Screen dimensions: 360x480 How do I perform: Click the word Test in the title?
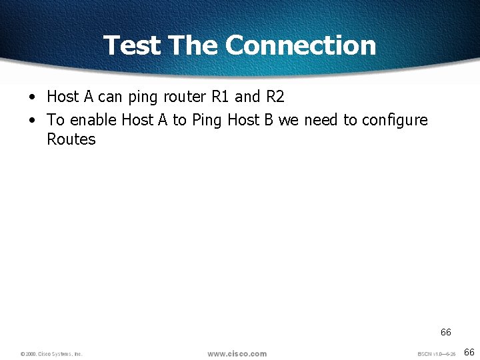pos(131,45)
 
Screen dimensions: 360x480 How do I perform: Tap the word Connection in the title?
pos(301,45)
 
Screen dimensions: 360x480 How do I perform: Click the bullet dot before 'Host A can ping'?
pos(32,97)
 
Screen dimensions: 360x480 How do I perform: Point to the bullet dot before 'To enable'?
pos(32,120)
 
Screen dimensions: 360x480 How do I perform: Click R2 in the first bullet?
pos(275,97)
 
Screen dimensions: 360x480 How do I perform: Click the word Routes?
pos(71,139)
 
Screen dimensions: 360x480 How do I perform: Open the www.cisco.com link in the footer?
pos(237,353)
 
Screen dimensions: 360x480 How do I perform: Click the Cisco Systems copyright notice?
pos(51,354)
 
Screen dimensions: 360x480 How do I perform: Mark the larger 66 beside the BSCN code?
pos(469,352)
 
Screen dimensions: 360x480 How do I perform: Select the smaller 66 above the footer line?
pos(445,332)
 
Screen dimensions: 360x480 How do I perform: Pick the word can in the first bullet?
pos(111,97)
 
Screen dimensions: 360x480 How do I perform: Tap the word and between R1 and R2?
pos(247,97)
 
